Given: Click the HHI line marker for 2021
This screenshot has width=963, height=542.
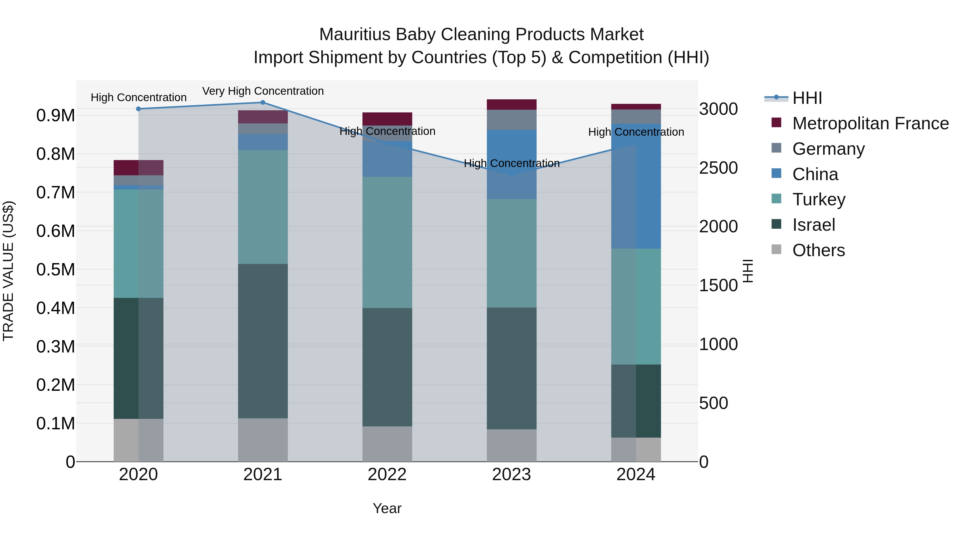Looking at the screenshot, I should pyautogui.click(x=263, y=103).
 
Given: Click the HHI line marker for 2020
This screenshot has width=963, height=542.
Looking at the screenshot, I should pyautogui.click(x=138, y=109).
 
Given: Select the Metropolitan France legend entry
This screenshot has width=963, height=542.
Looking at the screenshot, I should pyautogui.click(x=870, y=123).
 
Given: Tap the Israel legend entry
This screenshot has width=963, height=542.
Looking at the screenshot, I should pyautogui.click(x=813, y=225).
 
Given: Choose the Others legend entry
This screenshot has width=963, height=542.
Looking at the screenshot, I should pyautogui.click(x=818, y=250).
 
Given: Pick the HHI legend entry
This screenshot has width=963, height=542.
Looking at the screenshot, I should pyautogui.click(x=807, y=98).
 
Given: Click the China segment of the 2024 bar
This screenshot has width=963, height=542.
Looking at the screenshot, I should pyautogui.click(x=636, y=186).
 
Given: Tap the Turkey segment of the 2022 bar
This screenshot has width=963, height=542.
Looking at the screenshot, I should pyautogui.click(x=387, y=242).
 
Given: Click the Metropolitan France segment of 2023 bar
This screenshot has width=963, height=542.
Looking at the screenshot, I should pyautogui.click(x=511, y=104).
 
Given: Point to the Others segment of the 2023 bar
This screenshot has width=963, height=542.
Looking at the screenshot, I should pyautogui.click(x=511, y=445).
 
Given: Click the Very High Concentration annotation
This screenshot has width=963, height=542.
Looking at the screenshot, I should pyautogui.click(x=263, y=91).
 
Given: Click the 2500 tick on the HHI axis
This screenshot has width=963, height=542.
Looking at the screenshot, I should pyautogui.click(x=718, y=168).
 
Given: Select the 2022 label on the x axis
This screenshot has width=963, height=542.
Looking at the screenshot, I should pyautogui.click(x=387, y=475).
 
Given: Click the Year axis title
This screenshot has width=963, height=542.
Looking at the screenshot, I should pyautogui.click(x=387, y=508).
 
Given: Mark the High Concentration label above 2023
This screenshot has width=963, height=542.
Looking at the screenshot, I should pyautogui.click(x=511, y=164).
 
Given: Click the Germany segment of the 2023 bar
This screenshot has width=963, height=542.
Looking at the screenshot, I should pyautogui.click(x=511, y=120).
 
